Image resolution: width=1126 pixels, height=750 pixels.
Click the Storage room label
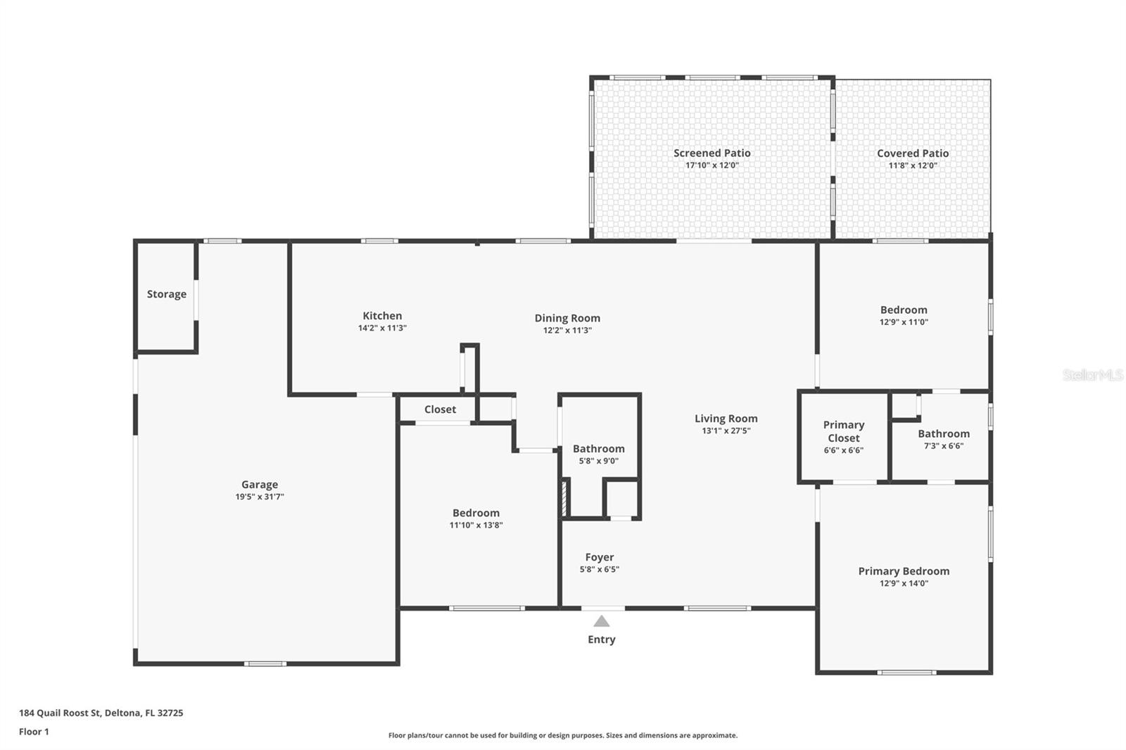pyautogui.click(x=166, y=294)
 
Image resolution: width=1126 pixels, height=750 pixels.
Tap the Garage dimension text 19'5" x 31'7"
pyautogui.click(x=260, y=497)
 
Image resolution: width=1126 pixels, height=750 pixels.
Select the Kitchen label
pyautogui.click(x=382, y=316)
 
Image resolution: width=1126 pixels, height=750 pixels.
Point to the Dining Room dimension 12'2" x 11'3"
pyautogui.click(x=567, y=330)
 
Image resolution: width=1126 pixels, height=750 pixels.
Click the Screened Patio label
pyautogui.click(x=711, y=153)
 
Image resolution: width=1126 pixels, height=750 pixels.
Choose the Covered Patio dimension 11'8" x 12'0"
pyautogui.click(x=913, y=166)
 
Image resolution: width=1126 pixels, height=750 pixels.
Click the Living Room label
pyautogui.click(x=726, y=418)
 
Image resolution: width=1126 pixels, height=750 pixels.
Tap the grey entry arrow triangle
pyautogui.click(x=601, y=621)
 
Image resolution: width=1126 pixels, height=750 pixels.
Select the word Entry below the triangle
pyautogui.click(x=601, y=639)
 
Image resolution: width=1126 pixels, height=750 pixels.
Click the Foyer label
pyautogui.click(x=599, y=557)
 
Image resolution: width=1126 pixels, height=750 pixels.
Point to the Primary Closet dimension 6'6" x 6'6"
pyautogui.click(x=843, y=450)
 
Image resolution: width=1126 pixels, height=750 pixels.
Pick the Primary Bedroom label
pyautogui.click(x=904, y=571)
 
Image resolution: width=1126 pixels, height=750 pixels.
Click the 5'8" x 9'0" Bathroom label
pyautogui.click(x=598, y=449)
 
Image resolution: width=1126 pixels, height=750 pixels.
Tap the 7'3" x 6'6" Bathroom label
pyautogui.click(x=943, y=434)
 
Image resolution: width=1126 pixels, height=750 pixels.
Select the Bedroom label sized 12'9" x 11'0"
pyautogui.click(x=904, y=310)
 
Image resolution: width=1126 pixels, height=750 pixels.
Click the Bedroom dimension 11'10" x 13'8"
pyautogui.click(x=476, y=525)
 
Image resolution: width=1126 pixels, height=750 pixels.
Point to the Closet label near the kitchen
pyautogui.click(x=440, y=409)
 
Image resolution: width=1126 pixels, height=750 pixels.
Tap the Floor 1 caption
pyautogui.click(x=34, y=732)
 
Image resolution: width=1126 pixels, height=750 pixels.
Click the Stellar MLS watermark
pyautogui.click(x=1092, y=375)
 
